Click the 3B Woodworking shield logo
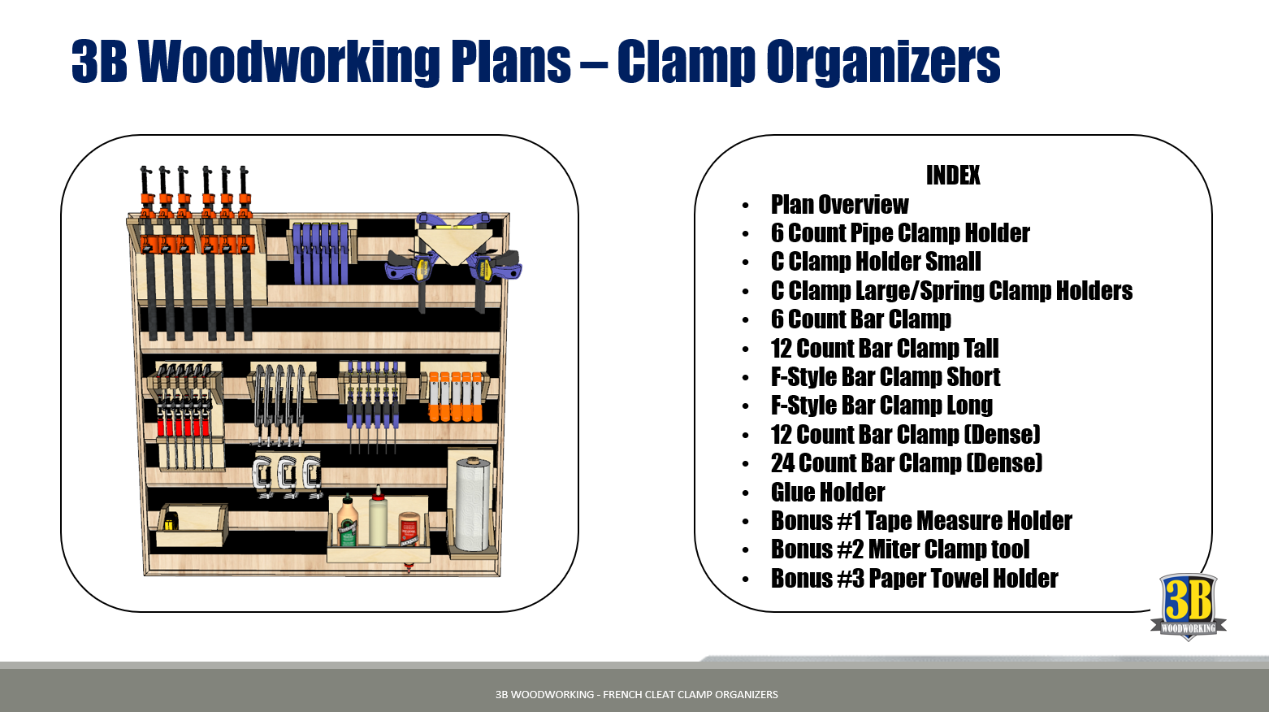point(1188,606)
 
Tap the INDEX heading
point(953,176)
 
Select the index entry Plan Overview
point(839,205)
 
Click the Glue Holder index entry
point(828,492)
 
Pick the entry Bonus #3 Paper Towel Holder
point(914,578)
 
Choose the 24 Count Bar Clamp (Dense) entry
point(907,463)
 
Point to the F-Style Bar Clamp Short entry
point(886,377)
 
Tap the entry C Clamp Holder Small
point(876,262)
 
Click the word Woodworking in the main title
point(289,63)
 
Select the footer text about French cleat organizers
point(637,694)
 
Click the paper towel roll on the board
point(473,505)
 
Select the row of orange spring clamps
point(456,397)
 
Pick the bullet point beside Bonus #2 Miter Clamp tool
point(746,550)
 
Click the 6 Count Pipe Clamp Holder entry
point(900,233)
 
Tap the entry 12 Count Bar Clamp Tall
point(885,348)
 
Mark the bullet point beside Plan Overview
point(746,205)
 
